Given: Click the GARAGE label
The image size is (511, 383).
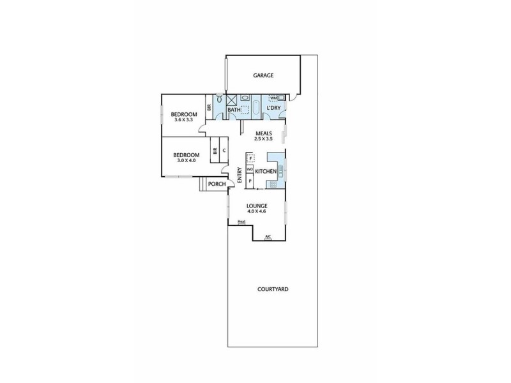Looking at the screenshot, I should [x=263, y=75].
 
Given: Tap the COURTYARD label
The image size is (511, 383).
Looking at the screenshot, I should [x=273, y=289].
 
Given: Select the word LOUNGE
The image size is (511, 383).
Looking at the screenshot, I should [x=257, y=206].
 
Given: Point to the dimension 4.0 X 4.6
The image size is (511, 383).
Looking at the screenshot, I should [x=257, y=211].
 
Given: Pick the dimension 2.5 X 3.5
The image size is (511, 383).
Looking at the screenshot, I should [x=263, y=139].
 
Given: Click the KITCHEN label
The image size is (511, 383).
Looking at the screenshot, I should [x=265, y=172].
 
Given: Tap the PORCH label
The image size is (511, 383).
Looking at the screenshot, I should [x=217, y=184].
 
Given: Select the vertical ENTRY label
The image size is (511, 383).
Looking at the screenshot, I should [x=240, y=176].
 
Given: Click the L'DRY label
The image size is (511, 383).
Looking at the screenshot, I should [x=273, y=109].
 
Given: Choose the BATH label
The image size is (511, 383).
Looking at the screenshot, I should [x=234, y=110].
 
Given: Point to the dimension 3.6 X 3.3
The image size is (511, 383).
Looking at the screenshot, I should [x=183, y=119].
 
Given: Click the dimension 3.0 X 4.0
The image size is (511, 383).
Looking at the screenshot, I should [x=186, y=160].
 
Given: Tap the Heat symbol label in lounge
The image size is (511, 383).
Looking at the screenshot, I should [x=241, y=222].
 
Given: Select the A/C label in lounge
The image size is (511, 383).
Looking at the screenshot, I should [x=268, y=237].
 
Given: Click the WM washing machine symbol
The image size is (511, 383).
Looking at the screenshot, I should [x=273, y=98].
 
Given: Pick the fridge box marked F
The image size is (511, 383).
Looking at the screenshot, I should [x=251, y=158].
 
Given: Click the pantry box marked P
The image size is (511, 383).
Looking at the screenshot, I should [x=250, y=181].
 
